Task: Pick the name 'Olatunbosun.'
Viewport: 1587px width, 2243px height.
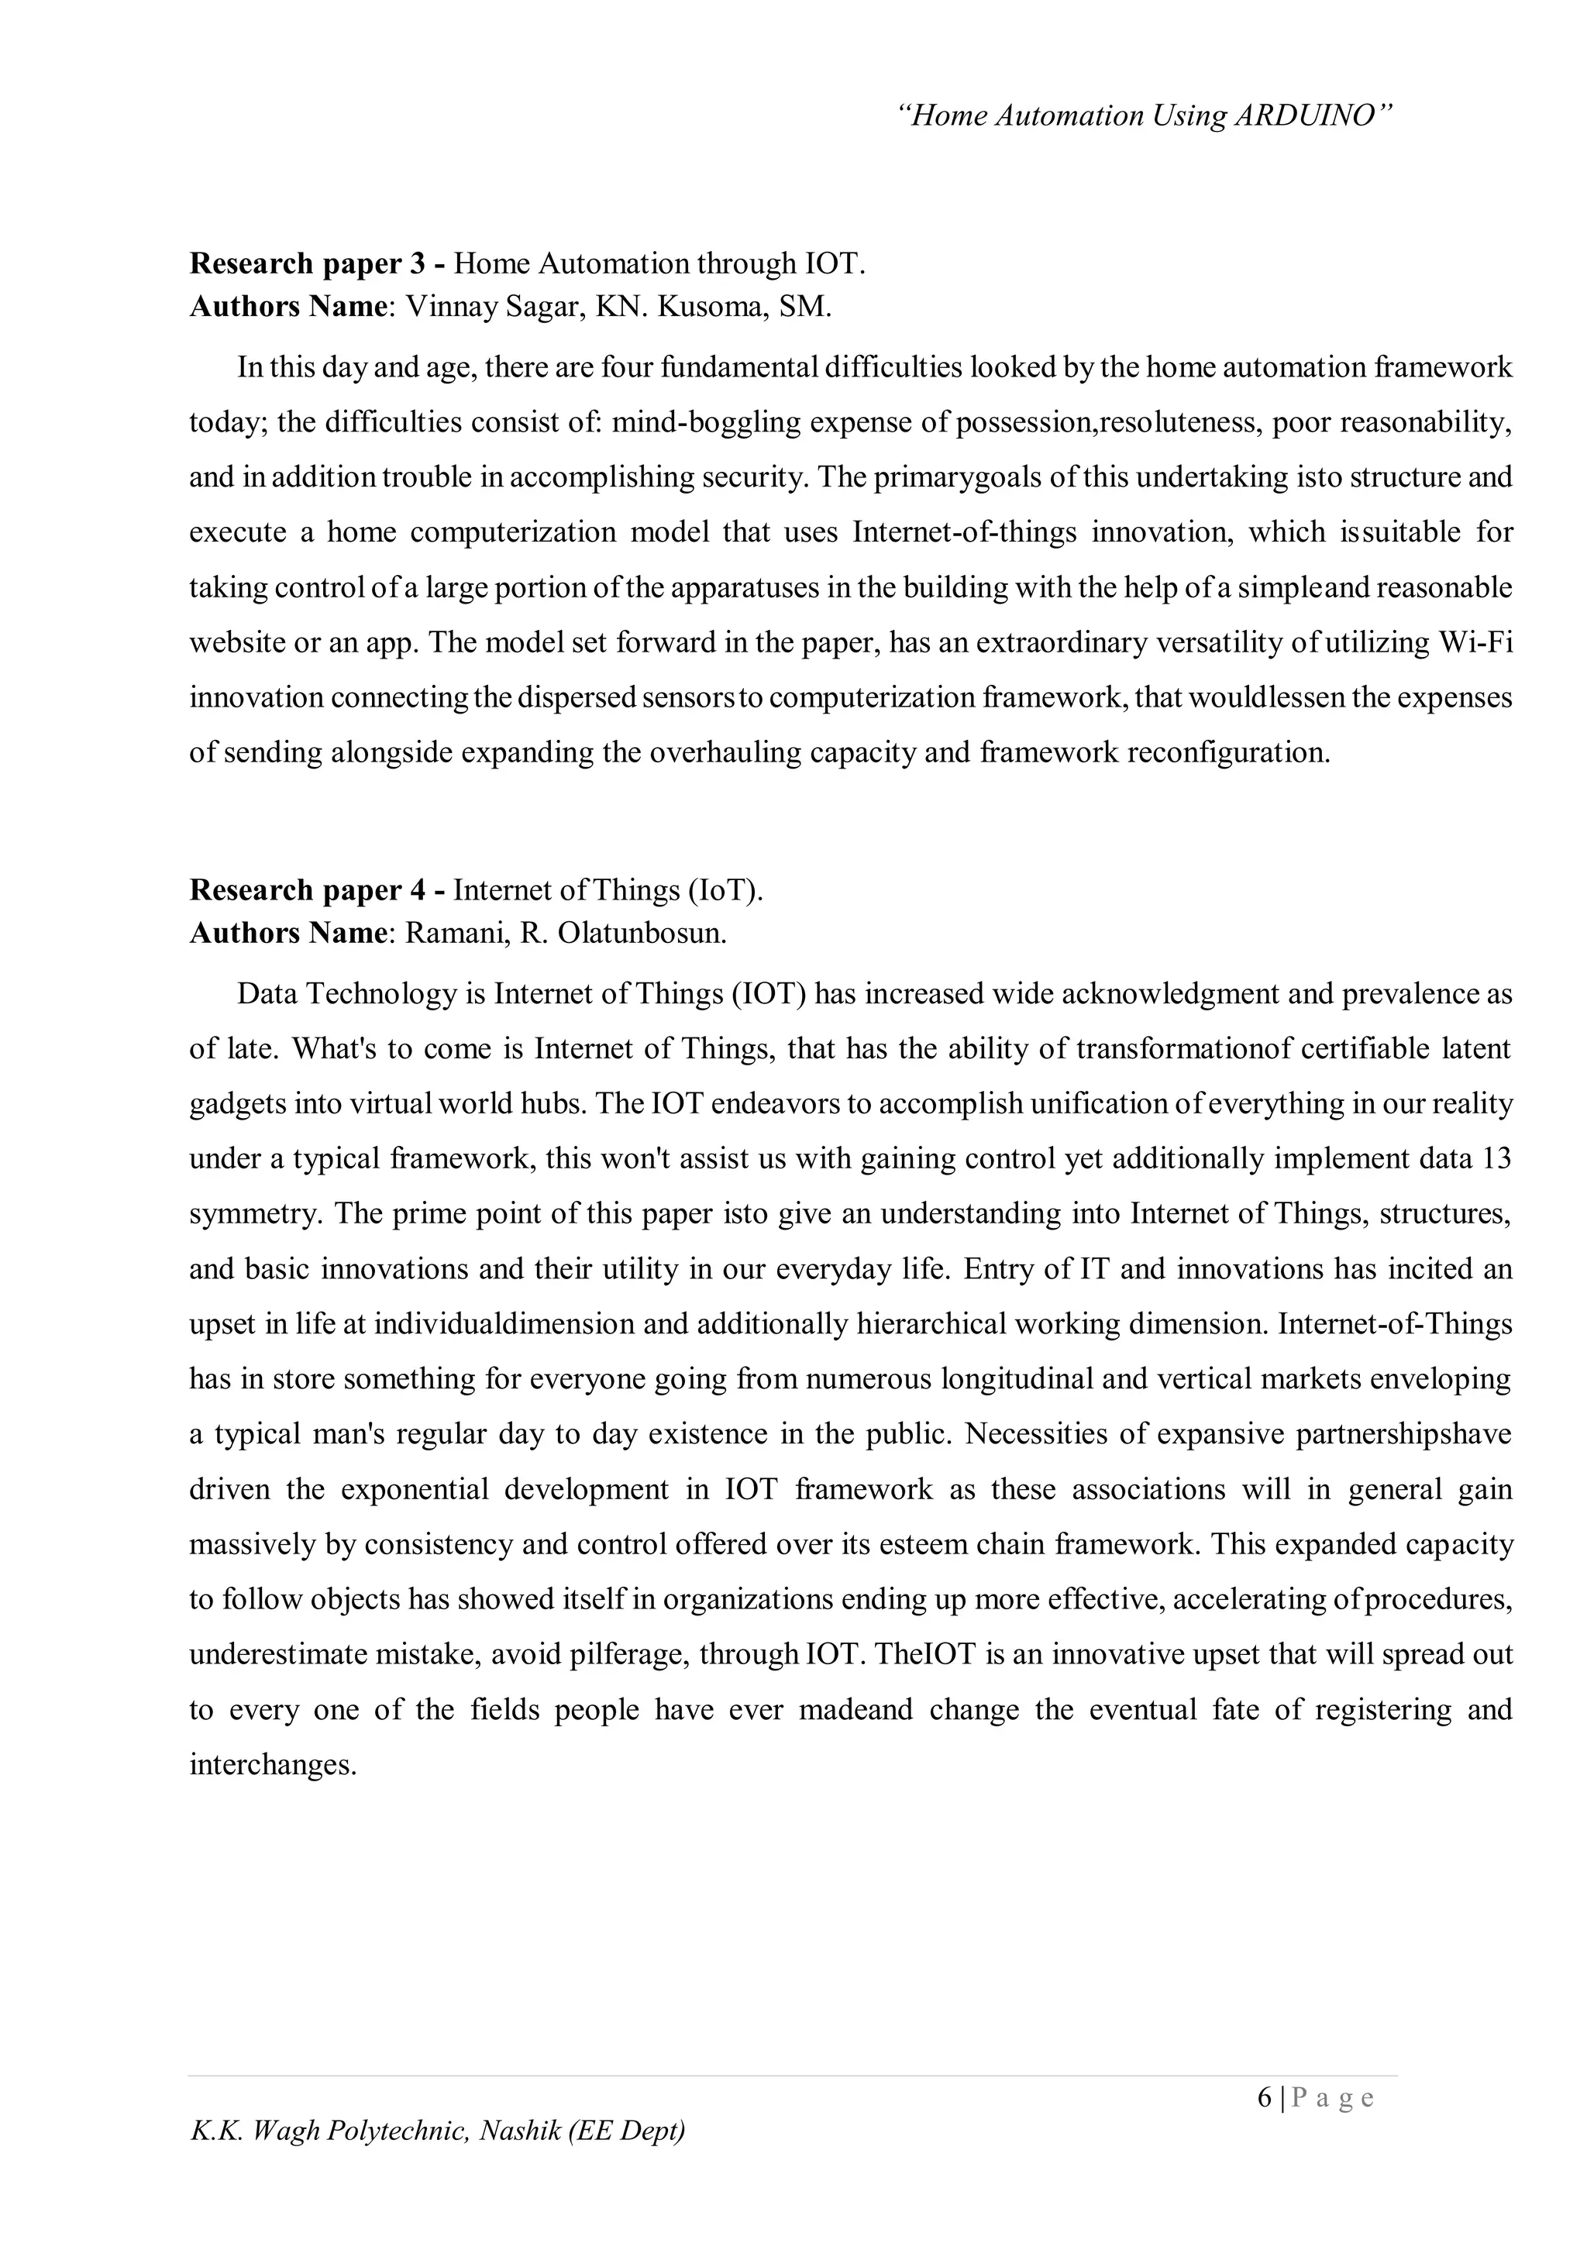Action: point(642,933)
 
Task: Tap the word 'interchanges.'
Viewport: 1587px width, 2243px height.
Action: point(273,1764)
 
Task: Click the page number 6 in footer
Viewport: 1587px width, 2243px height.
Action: point(1265,2097)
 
